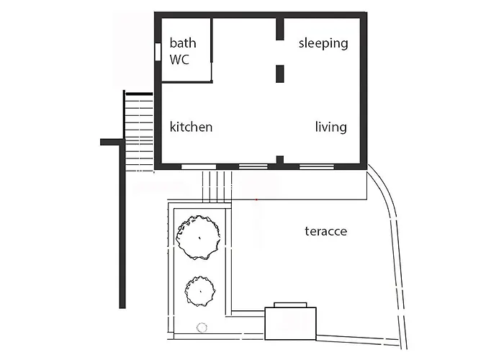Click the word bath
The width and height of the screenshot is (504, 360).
183,43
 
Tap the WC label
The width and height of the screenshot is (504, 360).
179,60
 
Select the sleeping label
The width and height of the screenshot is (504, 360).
323,43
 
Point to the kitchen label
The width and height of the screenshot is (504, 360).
191,127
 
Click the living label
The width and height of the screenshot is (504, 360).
330,127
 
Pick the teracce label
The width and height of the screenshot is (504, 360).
326,231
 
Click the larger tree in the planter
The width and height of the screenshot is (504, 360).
199,238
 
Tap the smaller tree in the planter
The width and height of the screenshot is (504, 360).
200,291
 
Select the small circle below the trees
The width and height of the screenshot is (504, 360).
202,328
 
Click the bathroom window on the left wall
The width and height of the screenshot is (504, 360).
158,51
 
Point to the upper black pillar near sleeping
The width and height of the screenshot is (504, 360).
279,29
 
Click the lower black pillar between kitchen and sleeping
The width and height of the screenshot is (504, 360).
279,73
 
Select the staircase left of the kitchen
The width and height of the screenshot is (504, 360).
138,132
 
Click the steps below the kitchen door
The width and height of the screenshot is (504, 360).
217,186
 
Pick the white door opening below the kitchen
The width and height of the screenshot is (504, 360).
199,167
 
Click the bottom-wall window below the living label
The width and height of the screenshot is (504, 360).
317,167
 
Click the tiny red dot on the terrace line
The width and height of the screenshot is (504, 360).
256,200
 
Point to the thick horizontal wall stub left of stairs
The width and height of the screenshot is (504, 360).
112,142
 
